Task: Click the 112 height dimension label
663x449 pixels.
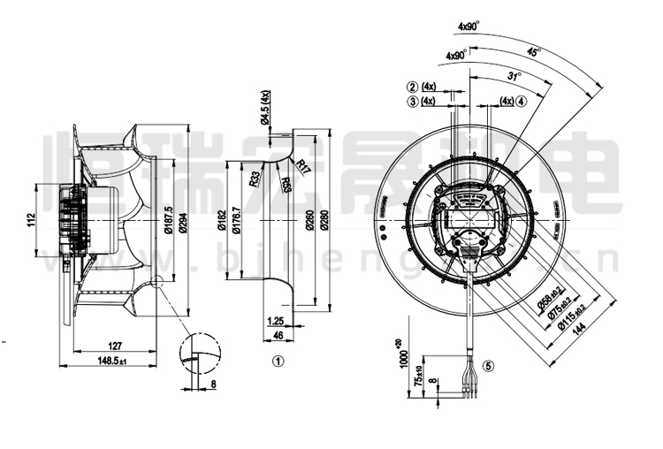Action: coord(29,219)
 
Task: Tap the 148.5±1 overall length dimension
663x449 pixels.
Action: coord(112,361)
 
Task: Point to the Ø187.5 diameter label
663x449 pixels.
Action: coord(167,218)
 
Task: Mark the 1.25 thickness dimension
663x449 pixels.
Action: coord(276,320)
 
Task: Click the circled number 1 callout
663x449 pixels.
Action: coord(278,361)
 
